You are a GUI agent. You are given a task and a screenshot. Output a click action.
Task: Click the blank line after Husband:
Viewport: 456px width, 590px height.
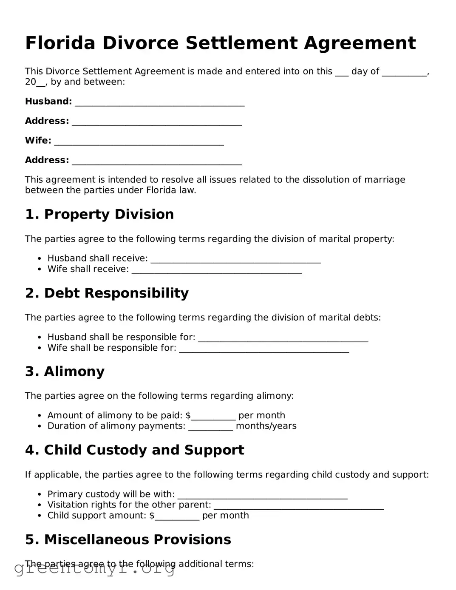159,102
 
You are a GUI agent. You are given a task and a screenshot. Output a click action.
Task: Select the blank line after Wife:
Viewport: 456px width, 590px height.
139,142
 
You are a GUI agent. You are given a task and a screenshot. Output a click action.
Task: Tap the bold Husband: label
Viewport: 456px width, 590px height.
48,102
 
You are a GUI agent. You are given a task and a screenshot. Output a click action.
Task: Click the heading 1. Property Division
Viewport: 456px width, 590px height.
99,214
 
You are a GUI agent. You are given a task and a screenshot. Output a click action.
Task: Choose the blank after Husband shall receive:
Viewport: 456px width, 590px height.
235,259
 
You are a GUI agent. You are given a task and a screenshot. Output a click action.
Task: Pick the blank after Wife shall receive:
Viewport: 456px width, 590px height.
216,270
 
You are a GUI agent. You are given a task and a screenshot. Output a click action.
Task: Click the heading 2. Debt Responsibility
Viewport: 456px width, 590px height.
107,293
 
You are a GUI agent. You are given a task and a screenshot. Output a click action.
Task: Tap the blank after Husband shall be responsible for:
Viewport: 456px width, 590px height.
283,338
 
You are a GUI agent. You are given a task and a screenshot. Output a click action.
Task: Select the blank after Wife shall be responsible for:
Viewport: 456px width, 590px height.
264,349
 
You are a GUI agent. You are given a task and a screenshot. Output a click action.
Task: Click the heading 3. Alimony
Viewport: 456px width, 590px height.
65,372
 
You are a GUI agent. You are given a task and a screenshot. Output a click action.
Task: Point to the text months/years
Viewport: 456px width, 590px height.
266,426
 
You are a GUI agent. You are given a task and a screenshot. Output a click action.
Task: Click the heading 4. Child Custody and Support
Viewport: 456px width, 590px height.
134,450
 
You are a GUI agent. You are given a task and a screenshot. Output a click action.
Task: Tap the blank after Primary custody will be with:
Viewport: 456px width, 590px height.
262,495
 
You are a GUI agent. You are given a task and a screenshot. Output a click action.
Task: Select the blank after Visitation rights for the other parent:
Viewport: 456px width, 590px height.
298,506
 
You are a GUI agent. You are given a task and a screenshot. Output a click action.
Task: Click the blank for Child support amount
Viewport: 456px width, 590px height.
177,516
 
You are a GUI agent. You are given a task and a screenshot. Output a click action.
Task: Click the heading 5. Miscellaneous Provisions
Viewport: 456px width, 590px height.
128,539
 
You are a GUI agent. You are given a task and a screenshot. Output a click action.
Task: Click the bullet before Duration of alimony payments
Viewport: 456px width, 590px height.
40,426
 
